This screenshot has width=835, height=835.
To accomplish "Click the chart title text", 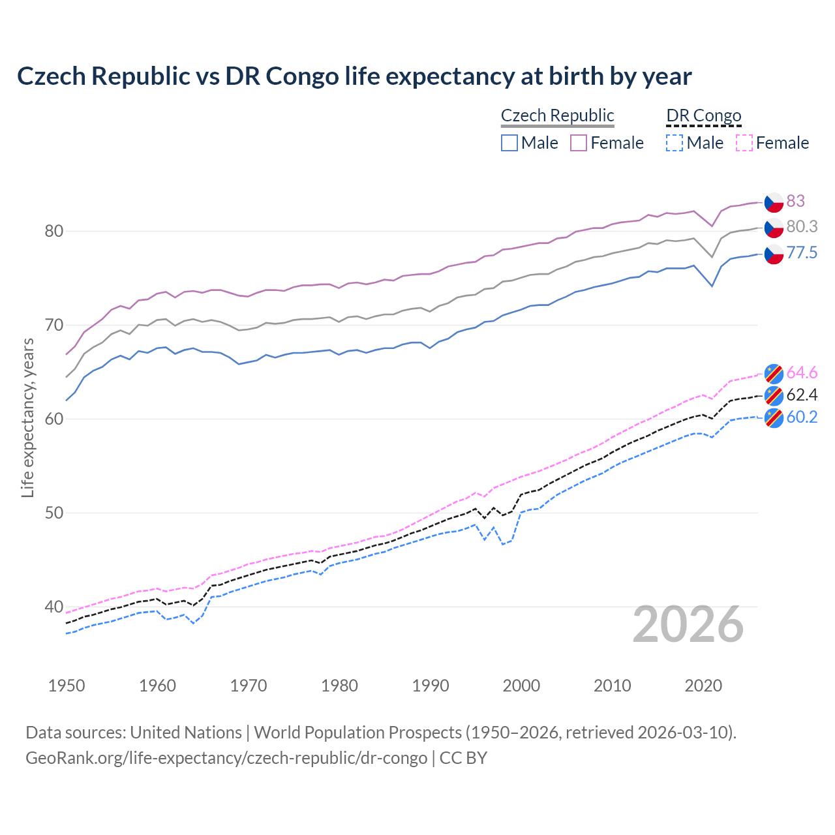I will point(354,76).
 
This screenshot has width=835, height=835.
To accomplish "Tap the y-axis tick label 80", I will point(54,231).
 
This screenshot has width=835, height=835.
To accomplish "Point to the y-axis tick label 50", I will point(54,513).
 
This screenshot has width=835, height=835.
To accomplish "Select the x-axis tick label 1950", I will point(67,686).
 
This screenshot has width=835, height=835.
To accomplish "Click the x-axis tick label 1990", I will point(431,686).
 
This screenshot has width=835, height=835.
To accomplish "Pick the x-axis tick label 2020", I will point(703,686).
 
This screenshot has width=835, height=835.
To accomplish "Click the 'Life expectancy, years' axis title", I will point(27,417).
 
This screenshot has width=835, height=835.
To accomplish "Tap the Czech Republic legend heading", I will point(557,115).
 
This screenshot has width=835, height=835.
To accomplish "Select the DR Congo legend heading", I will point(703,115).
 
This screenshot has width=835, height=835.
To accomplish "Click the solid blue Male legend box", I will point(509,143).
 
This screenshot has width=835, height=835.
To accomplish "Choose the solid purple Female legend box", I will point(579,143).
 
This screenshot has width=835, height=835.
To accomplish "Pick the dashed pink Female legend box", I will point(744,143).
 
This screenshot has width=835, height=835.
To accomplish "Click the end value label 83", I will point(795,201).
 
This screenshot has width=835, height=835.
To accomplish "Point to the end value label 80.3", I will point(802,226).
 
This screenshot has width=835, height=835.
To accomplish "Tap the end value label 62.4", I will point(802,395).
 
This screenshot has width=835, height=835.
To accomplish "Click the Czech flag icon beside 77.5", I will point(774,254).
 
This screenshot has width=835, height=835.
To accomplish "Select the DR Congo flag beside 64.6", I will point(774,372).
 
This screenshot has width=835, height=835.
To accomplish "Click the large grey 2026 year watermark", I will point(688,624).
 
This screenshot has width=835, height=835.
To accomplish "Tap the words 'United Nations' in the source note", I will point(186,733).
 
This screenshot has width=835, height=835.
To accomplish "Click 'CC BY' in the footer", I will point(463,758).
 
